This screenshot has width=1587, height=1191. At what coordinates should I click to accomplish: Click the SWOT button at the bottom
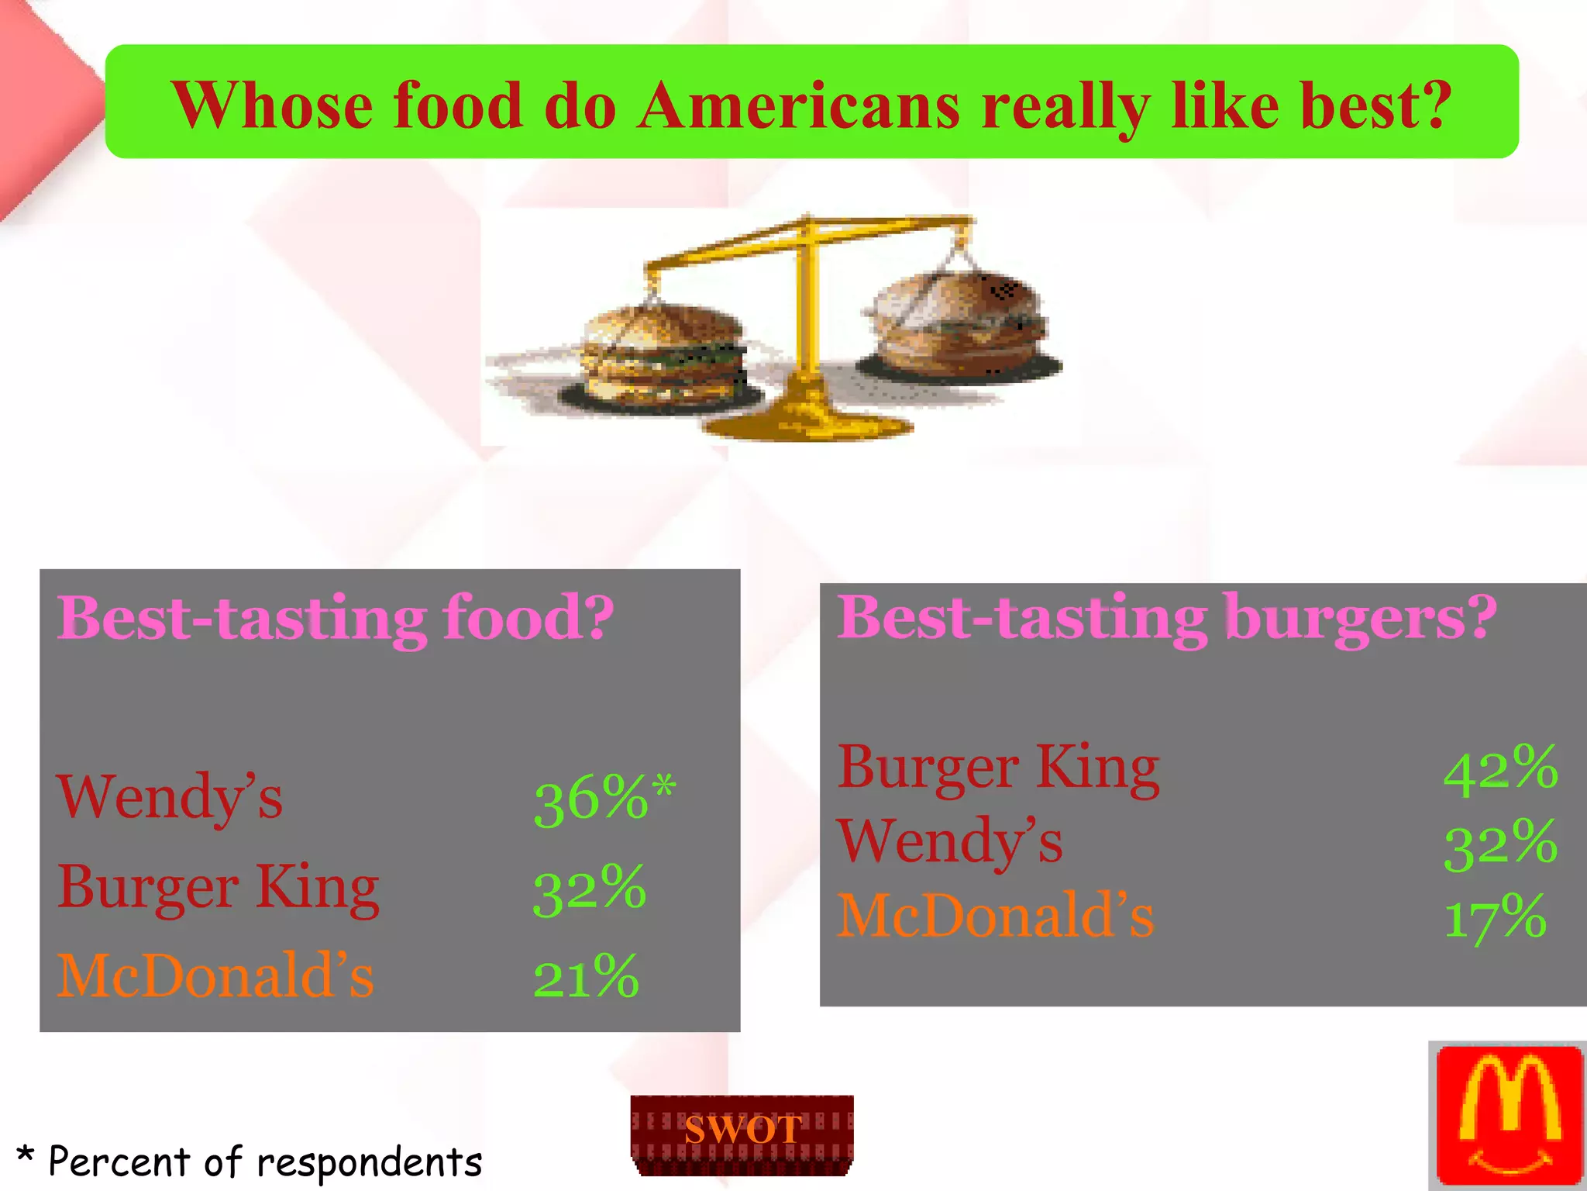tap(742, 1133)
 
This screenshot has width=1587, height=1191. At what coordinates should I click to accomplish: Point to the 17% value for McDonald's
tap(1495, 917)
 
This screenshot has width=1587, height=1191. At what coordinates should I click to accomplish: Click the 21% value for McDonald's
tap(586, 977)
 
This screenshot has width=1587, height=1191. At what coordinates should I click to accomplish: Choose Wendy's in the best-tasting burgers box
tap(950, 842)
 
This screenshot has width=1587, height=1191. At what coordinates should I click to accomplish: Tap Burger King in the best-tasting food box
tap(218, 888)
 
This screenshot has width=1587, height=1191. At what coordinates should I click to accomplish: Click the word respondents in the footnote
tap(369, 1162)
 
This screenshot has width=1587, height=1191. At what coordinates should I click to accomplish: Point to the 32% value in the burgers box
tap(1500, 843)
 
